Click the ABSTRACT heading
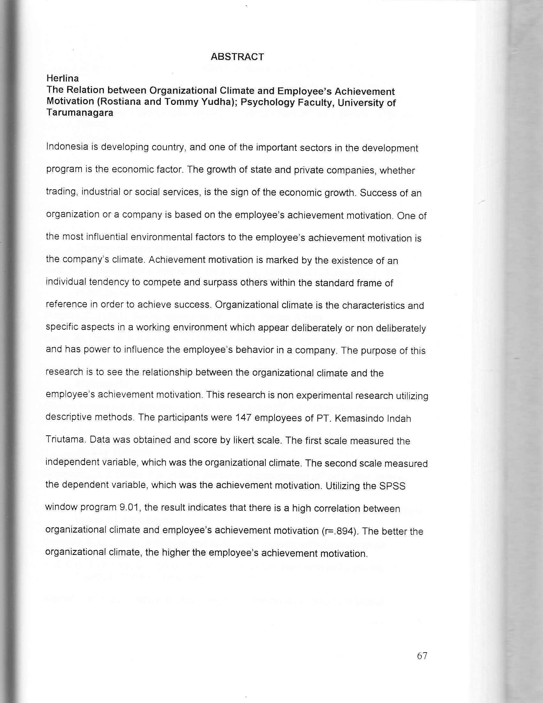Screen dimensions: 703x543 (237, 57)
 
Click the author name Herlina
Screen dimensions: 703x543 (63, 78)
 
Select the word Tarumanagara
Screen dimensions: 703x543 (80, 113)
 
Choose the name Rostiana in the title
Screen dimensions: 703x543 (120, 102)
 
